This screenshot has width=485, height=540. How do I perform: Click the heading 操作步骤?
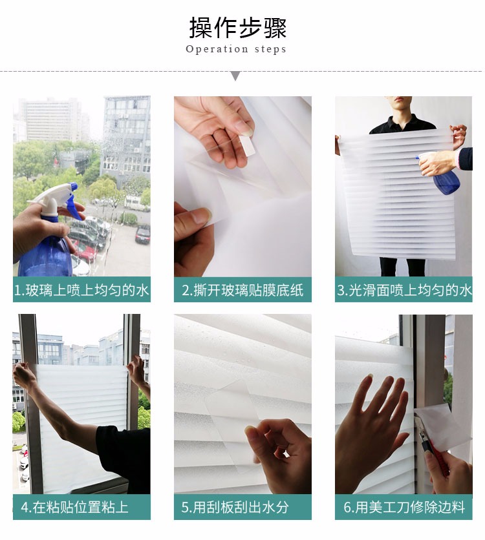tap(238, 28)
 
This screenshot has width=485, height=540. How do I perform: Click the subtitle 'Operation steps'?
tap(236, 49)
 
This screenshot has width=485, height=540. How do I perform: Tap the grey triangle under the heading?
tap(235, 76)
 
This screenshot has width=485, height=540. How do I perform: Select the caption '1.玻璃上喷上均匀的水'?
tap(81, 290)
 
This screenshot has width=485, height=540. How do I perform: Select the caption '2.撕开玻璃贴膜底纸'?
tap(242, 290)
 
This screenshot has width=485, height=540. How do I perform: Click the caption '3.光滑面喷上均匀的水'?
tap(404, 290)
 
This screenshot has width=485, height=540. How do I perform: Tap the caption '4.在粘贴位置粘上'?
tap(74, 507)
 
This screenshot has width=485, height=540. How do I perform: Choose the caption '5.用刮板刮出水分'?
tap(235, 507)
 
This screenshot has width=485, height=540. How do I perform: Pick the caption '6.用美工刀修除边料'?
tap(404, 507)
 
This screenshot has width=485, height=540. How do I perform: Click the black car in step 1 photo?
tap(142, 234)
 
